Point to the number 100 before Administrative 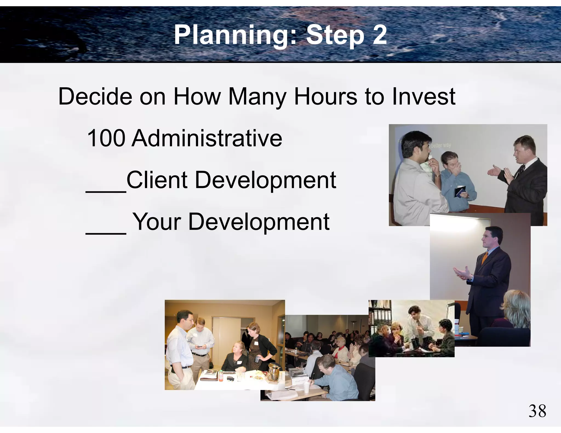106,138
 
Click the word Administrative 207,138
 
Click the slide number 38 537,411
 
